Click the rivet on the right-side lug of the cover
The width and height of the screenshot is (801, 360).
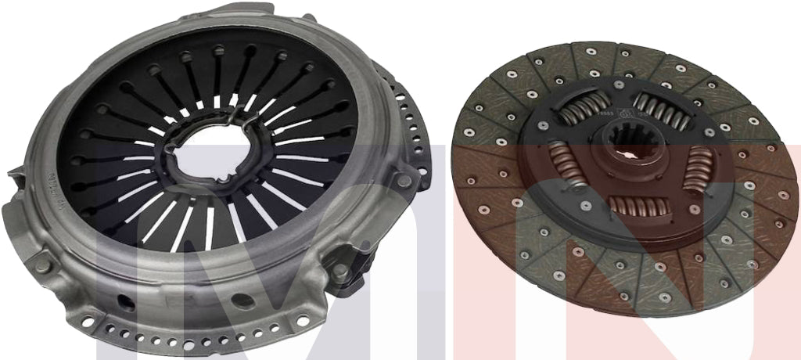click(x=403, y=181)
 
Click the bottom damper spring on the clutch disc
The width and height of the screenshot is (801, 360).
click(x=638, y=207)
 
